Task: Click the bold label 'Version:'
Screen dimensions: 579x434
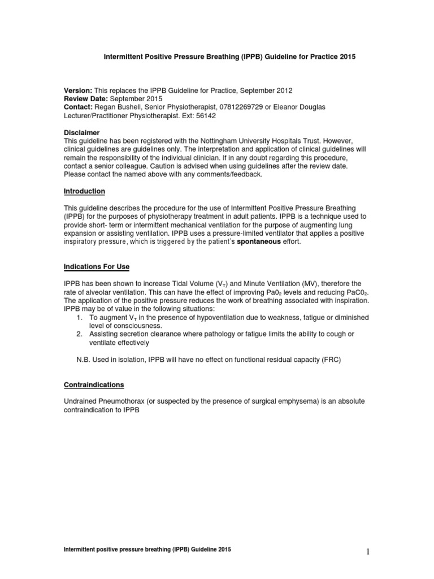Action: coord(77,90)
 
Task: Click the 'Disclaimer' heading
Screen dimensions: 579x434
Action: coord(82,133)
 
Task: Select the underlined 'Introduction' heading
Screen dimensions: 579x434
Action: coord(84,192)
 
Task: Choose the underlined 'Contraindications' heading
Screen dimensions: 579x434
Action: coord(94,384)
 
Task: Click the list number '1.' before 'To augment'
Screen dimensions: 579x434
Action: coord(80,318)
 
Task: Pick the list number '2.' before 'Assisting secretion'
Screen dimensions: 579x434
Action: coord(80,334)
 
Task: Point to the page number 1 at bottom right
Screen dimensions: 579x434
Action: coord(367,553)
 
